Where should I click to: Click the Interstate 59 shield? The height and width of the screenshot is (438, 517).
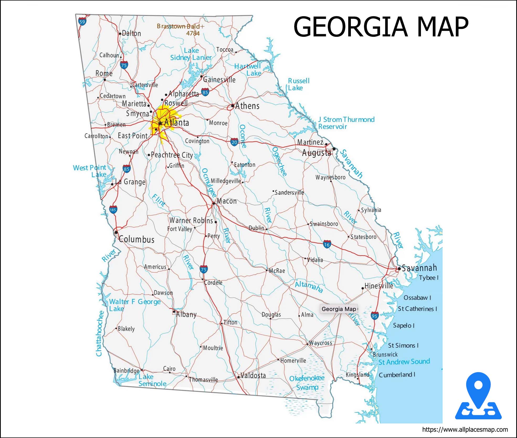82,22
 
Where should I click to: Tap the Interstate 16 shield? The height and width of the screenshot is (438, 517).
327,244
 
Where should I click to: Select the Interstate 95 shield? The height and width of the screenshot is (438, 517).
374,316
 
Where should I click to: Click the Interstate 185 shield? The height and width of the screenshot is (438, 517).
113,210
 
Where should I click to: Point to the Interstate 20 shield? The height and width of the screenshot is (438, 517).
234,142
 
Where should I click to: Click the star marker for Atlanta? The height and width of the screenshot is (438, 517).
160,123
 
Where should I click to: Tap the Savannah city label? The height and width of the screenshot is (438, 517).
419,268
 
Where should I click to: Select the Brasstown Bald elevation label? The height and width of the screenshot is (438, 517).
181,30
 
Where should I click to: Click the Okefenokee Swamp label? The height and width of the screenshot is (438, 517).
307,383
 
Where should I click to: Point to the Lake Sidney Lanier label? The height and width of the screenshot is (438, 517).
191,54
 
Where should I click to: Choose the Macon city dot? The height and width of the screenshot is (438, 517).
214,203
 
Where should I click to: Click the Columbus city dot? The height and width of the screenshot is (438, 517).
116,232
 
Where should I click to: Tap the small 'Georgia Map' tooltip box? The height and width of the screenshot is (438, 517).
339,309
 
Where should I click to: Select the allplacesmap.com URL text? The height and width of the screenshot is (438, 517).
465,430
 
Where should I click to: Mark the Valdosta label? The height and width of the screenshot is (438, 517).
253,376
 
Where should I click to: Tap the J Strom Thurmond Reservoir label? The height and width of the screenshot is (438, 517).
346,123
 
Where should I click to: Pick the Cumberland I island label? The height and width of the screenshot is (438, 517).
397,375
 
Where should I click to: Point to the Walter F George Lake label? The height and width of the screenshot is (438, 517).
135,305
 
